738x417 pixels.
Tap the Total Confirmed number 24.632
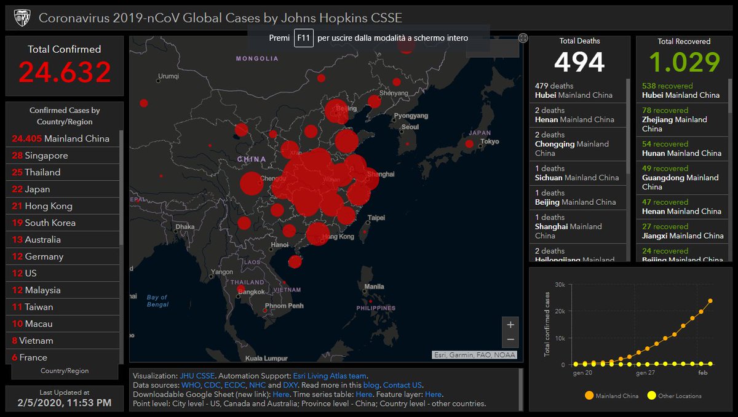[x=65, y=72]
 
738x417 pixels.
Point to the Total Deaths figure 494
[x=579, y=62]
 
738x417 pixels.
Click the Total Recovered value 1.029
[x=684, y=62]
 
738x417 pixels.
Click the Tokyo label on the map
[x=490, y=141]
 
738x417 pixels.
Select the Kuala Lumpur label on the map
[x=266, y=357]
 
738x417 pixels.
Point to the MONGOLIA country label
[x=257, y=59]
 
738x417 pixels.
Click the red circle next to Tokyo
[x=469, y=143]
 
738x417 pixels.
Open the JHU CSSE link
[x=197, y=376]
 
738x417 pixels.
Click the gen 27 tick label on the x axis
[x=645, y=373]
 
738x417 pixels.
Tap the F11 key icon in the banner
[x=303, y=38]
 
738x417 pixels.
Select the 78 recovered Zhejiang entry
[x=680, y=119]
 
